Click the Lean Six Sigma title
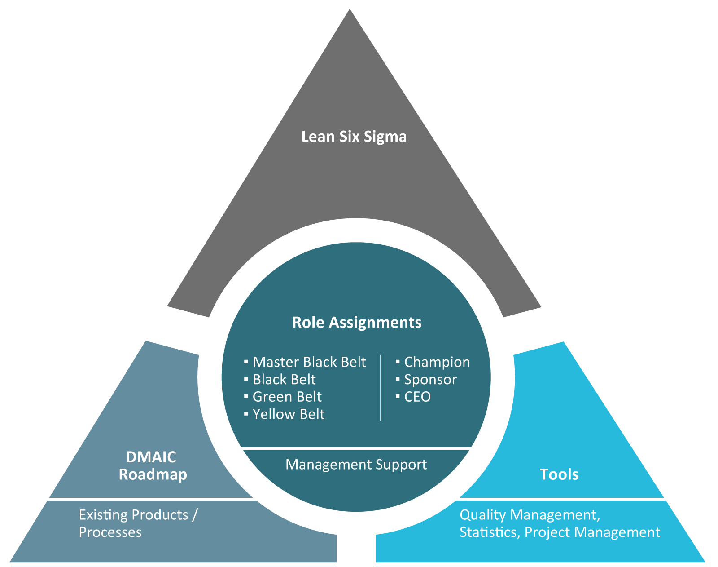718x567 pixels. tap(354, 137)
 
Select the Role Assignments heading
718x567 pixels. tap(357, 323)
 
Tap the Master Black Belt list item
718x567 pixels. tap(309, 362)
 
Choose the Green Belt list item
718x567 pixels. tap(287, 397)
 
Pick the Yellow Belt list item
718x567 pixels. tap(288, 414)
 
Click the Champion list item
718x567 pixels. tap(437, 362)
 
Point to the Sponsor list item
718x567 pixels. tap(430, 380)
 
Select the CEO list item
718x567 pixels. tap(417, 397)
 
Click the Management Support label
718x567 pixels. tap(356, 465)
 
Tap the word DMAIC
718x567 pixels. tap(151, 457)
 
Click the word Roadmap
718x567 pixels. tap(153, 474)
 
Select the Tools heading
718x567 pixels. tap(559, 474)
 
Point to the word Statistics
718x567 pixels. tap(488, 532)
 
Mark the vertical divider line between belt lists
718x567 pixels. tap(381, 388)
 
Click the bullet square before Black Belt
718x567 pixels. tap(246, 379)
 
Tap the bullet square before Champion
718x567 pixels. tap(398, 362)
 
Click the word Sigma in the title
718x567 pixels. tap(385, 137)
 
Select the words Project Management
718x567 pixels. tap(592, 532)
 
